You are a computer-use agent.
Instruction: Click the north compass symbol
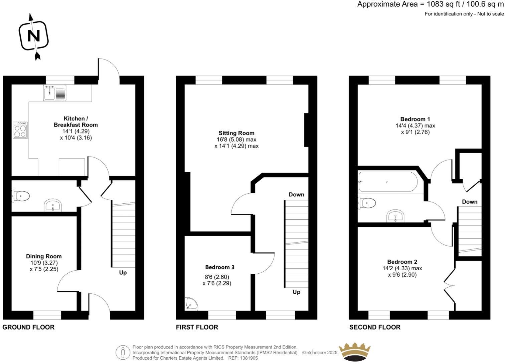(x=33, y=36)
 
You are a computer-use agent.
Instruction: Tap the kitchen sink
(x=55, y=93)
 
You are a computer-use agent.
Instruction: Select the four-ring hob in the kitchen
(x=20, y=130)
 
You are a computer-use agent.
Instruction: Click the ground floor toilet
(x=21, y=196)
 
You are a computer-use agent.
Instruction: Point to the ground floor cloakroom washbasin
(x=53, y=205)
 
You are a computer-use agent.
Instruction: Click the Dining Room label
(x=44, y=256)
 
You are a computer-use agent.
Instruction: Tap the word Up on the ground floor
(x=123, y=273)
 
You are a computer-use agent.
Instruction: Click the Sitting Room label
(x=236, y=133)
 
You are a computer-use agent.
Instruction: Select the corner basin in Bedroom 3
(x=191, y=304)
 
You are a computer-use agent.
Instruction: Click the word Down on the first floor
(x=296, y=194)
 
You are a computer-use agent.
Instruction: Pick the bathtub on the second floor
(x=387, y=182)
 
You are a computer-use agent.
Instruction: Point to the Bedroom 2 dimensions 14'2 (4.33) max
(x=402, y=268)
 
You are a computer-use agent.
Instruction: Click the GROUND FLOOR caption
(x=28, y=327)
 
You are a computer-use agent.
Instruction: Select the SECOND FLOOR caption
(x=375, y=327)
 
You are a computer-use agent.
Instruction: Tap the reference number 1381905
(x=248, y=358)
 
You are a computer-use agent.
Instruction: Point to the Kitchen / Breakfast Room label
(x=76, y=122)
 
